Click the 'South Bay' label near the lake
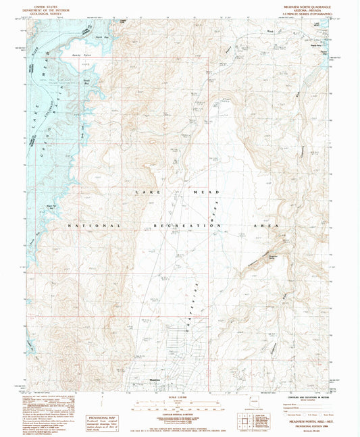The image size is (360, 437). click(86, 83)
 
